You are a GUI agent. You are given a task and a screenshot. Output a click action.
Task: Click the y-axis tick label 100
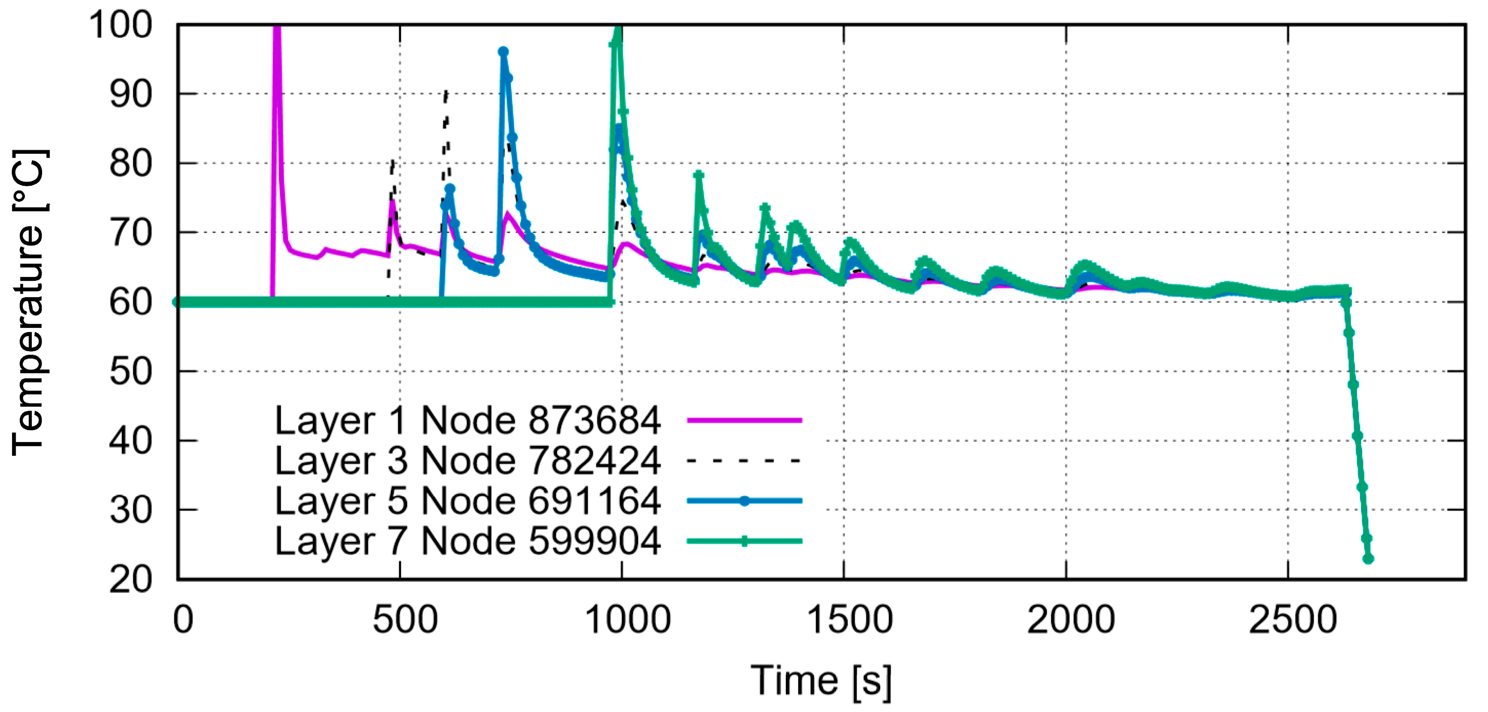120,26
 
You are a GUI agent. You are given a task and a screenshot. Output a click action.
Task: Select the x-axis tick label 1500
849,620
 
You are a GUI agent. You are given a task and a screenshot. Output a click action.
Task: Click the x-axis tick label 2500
1292,620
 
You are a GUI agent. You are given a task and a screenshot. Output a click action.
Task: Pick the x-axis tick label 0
183,620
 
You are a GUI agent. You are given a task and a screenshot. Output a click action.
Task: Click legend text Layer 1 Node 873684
467,420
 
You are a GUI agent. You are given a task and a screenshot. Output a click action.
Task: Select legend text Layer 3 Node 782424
467,460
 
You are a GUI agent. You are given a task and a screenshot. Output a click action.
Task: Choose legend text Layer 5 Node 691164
467,501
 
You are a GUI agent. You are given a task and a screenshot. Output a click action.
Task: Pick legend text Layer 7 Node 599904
467,541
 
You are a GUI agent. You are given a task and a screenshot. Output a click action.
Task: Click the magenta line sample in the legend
744,420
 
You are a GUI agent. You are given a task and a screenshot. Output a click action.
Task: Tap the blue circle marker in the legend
744,501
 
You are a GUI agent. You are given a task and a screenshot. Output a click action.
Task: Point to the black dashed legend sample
744,461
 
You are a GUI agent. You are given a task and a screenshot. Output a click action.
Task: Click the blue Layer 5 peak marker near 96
503,52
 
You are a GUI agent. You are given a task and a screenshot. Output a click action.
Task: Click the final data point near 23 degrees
1368,558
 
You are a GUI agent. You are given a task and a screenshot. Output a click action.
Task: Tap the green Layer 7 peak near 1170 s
698,175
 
